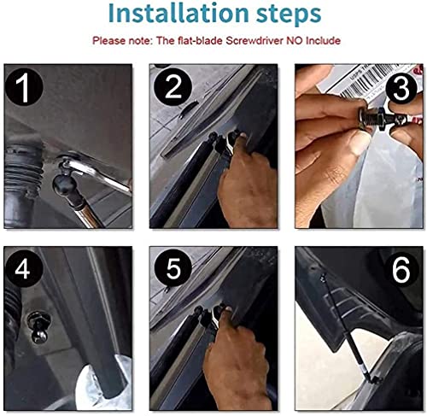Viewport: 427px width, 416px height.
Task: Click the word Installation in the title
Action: coord(178,14)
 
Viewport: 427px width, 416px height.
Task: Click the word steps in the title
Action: coord(289,15)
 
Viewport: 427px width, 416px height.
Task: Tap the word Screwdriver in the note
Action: coord(254,41)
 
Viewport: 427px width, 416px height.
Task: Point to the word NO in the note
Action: coord(295,41)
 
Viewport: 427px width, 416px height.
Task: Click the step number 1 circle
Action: coord(25,87)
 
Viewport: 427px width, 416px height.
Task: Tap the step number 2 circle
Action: coord(173,87)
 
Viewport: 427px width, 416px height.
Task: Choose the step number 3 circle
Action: coord(401,88)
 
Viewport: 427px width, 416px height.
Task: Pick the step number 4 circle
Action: coord(24,268)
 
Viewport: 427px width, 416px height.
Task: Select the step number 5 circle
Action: coord(173,268)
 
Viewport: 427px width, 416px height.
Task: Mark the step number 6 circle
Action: coord(401,269)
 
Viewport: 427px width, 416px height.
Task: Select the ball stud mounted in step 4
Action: coord(38,327)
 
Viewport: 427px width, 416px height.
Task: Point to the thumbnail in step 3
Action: coord(360,143)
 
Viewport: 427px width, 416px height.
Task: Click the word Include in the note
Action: coord(323,41)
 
